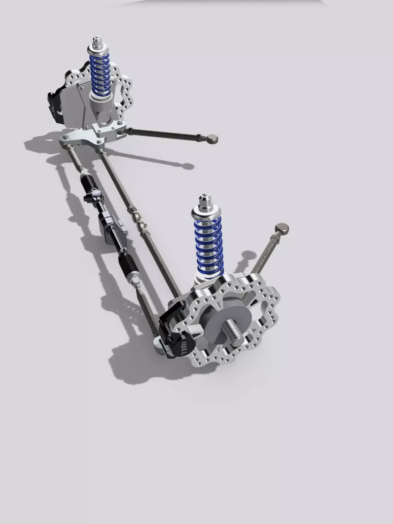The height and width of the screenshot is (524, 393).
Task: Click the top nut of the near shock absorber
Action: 204,200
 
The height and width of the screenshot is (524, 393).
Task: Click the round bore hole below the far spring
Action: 106,118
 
